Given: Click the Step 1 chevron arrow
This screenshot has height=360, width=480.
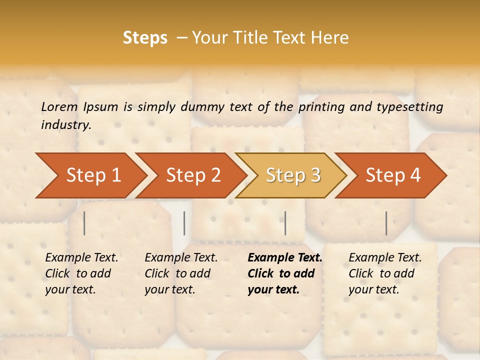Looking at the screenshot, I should [90, 175].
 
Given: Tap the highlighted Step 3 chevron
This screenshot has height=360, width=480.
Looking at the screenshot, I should [292, 175].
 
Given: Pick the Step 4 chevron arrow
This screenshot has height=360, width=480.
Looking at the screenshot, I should [392, 175].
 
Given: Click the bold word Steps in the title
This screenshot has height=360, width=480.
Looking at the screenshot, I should [145, 37].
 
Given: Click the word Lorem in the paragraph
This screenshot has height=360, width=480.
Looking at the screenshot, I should [59, 106].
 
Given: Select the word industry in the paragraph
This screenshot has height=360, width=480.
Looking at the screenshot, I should [66, 125].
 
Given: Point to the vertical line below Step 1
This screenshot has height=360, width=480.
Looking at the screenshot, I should [84, 223].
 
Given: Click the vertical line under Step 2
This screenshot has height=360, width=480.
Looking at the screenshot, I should [184, 223].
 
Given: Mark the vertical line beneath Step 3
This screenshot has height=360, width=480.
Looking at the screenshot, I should [285, 223].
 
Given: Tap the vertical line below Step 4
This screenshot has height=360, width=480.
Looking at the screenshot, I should [386, 223].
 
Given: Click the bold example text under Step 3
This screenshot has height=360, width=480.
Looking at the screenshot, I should [284, 273].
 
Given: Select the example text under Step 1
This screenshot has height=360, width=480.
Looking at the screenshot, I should [81, 273].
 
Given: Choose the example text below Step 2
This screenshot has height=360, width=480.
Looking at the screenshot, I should [181, 273].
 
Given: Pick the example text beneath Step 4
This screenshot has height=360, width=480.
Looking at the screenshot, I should [385, 273].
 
